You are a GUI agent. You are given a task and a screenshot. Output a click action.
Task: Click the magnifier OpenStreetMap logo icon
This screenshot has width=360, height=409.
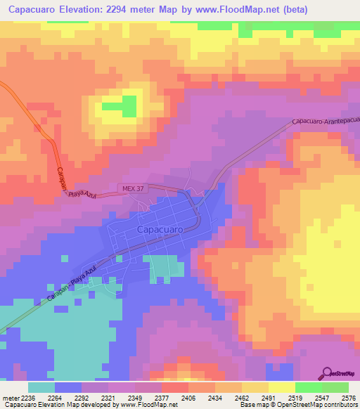(x=326, y=372)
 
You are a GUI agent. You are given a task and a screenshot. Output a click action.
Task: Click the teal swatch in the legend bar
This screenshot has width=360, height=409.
(x=41, y=387)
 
